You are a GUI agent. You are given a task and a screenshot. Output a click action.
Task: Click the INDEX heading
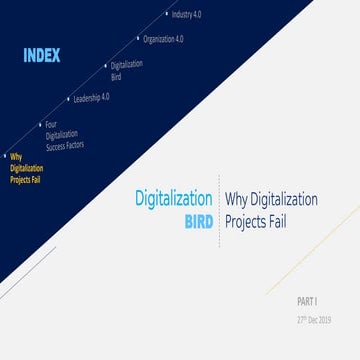41,56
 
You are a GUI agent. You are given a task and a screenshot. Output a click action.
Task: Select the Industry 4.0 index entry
187,15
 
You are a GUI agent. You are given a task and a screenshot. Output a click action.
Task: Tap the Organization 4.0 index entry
164,39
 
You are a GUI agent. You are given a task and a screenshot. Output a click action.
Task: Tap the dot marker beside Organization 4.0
138,39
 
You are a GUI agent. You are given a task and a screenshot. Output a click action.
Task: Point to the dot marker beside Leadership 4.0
68,99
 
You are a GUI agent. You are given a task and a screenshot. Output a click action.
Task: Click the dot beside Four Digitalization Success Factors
38,124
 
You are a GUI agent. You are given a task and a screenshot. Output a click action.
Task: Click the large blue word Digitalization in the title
173,198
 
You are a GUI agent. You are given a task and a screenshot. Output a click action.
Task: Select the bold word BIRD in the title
197,221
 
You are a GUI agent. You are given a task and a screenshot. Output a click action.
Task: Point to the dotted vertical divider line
219,210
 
